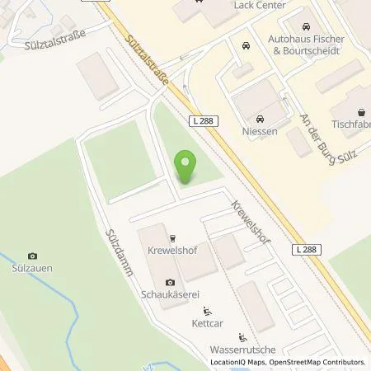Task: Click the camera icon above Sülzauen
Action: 32,256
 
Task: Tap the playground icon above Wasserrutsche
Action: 242,337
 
